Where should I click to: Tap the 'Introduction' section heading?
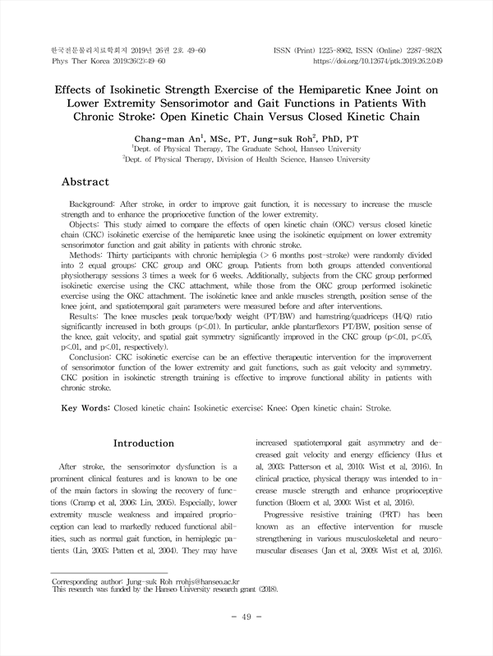[x=143, y=443]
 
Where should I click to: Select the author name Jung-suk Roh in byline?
[x=274, y=139]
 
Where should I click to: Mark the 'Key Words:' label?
[x=85, y=407]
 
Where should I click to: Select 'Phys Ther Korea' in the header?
[x=72, y=61]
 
